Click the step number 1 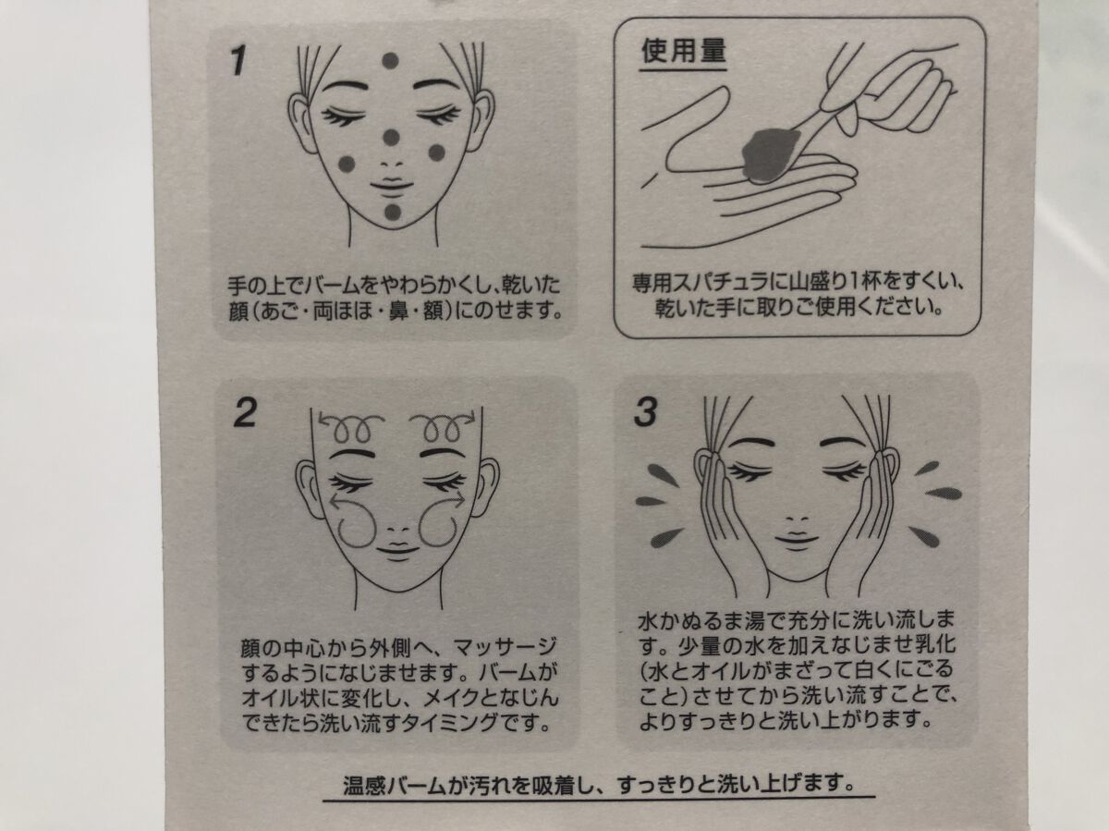coord(239,61)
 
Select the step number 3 coord(646,412)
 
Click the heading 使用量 coord(683,51)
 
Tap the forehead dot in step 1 coord(390,61)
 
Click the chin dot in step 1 coord(393,213)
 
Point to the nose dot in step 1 coord(390,137)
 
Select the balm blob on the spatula coord(770,154)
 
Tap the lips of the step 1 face coord(392,186)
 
